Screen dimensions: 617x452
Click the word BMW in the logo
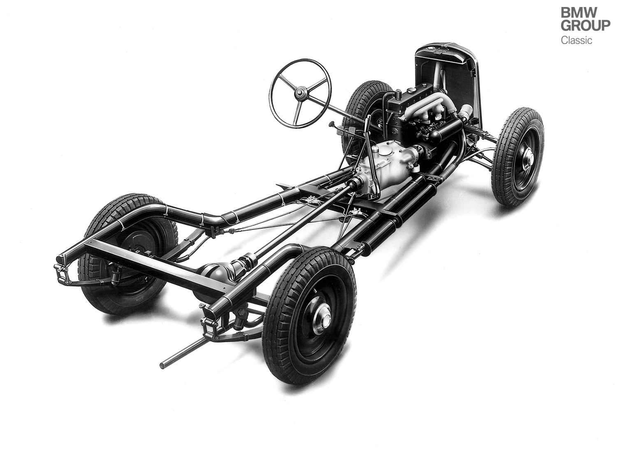coord(579,13)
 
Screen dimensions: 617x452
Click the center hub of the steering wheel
coord(300,92)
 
